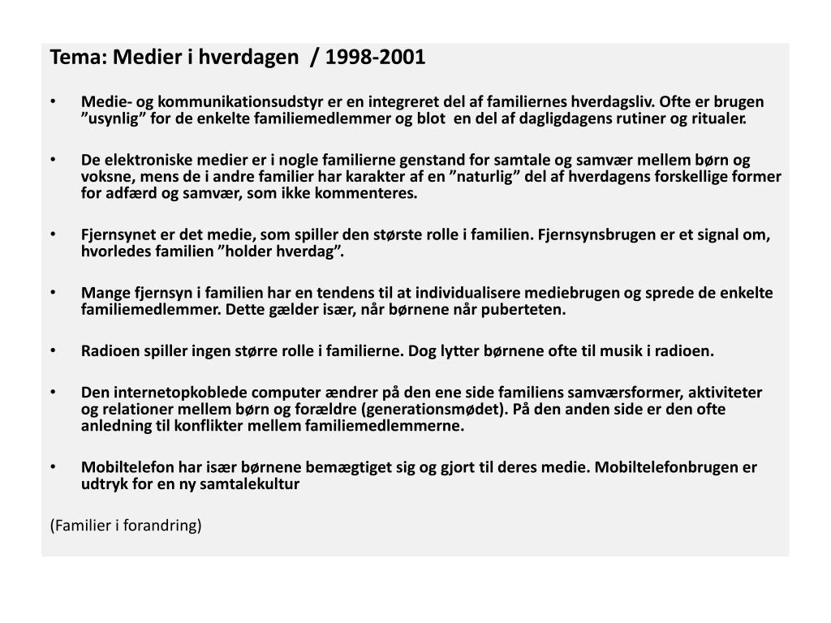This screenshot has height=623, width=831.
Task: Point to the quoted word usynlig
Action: pyautogui.click(x=112, y=119)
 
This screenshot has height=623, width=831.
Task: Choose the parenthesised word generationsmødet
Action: pyautogui.click(x=434, y=409)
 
